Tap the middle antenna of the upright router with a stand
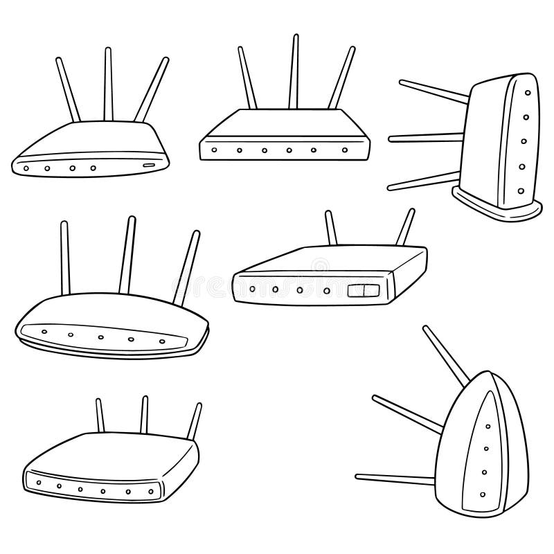tap(424, 138)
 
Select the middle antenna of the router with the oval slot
tap(109, 83)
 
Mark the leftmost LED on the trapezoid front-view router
tap(215, 150)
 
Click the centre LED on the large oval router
tap(101, 337)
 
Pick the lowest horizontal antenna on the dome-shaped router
tap(395, 478)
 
